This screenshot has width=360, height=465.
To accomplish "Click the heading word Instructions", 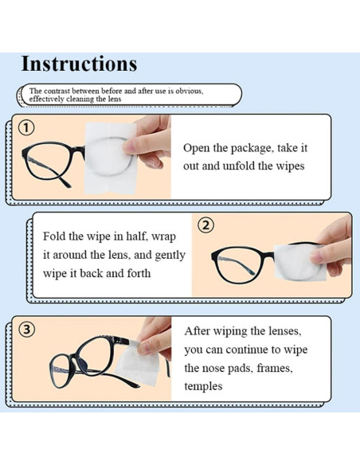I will pos(79,64).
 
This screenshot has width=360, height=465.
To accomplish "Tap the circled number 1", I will pos(27,127).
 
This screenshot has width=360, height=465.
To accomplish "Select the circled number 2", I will pos(205,225).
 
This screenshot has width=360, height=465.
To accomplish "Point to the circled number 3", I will pos(27,329).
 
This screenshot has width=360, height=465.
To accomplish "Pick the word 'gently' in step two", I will pos(168,256).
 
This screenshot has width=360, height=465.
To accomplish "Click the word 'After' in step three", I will pos(199,330).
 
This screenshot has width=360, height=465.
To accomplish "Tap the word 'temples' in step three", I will pos(203,386).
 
